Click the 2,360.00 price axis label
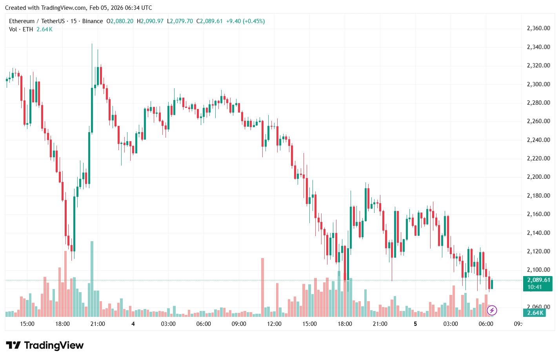point(538,28)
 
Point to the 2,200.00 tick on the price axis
point(538,177)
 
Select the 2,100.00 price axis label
point(538,270)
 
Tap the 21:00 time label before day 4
point(98,324)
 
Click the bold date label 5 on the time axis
point(415,324)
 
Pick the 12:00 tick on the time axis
point(274,324)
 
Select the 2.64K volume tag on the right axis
point(535,313)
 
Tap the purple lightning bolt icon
point(492,311)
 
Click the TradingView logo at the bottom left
point(45,345)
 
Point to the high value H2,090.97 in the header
point(150,21)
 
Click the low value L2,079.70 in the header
point(180,21)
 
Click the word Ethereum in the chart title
point(22,21)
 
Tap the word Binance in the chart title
point(93,21)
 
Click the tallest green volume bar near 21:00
point(92,278)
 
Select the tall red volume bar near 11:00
point(262,287)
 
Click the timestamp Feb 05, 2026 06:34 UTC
point(120,8)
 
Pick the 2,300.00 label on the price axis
point(538,84)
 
